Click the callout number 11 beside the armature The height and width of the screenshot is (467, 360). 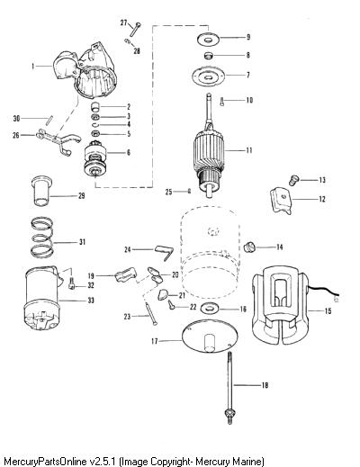click(249, 150)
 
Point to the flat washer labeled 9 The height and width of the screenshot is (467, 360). click(208, 39)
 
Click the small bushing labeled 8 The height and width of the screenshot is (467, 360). click(208, 56)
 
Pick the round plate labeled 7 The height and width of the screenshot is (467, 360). click(208, 76)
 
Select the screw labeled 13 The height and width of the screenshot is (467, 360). click(294, 180)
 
